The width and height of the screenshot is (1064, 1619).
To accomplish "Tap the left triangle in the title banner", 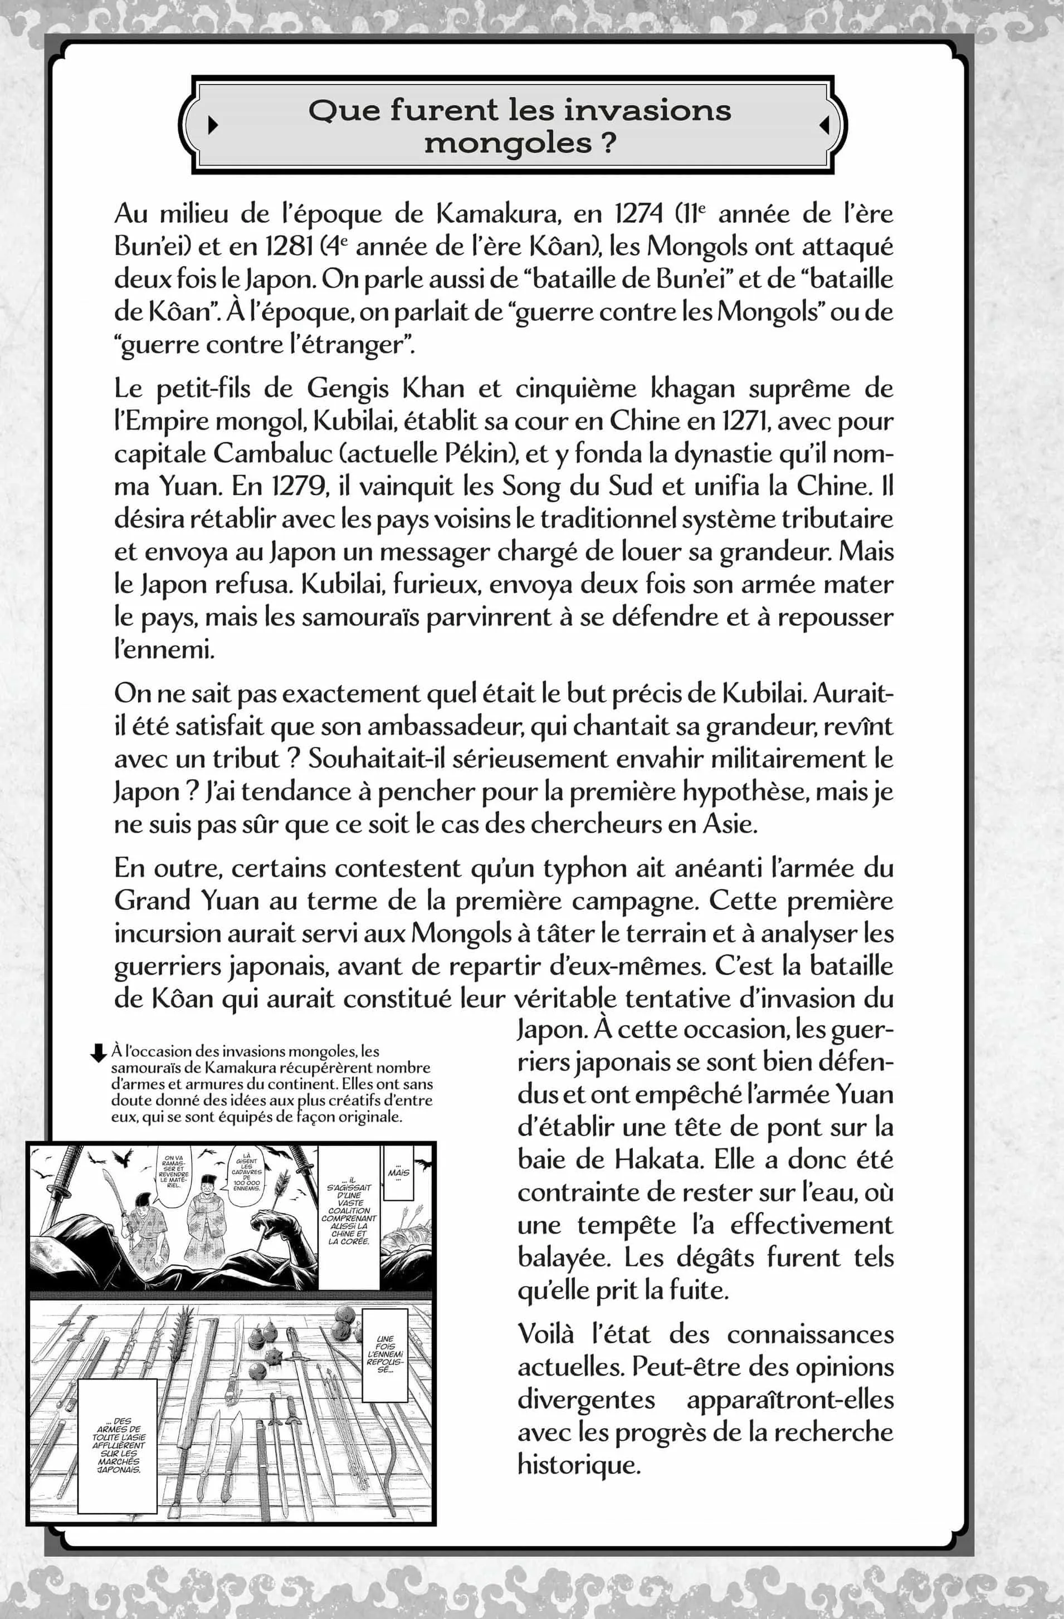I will pos(212,125).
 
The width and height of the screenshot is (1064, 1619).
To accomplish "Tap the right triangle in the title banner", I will pos(824,125).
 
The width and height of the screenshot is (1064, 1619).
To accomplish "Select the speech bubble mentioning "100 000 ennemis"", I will pos(246,1172).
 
